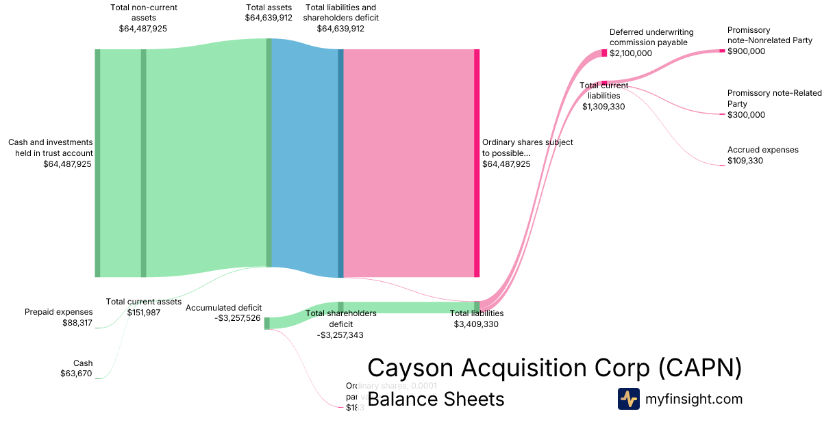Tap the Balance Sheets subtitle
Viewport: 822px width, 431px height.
click(x=436, y=399)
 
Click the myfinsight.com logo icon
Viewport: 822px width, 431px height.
click(x=628, y=399)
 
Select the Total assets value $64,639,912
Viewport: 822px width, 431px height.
click(x=269, y=18)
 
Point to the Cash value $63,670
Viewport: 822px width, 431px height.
click(x=76, y=374)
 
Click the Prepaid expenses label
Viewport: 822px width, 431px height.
click(x=59, y=312)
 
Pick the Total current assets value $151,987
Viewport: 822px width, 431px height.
click(x=143, y=313)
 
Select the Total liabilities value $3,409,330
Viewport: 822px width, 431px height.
click(x=476, y=324)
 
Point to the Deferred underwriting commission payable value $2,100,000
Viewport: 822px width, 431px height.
click(x=631, y=53)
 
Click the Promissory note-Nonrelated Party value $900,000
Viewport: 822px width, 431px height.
click(x=746, y=51)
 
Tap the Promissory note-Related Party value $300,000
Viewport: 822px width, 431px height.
click(x=746, y=115)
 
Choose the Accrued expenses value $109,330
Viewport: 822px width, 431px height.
click(x=745, y=161)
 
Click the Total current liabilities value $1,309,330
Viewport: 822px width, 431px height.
click(x=603, y=106)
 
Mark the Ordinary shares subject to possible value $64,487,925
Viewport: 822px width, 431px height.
click(x=506, y=164)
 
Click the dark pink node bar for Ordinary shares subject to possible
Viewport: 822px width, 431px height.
click(x=477, y=163)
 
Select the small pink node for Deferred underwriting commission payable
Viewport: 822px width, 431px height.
click(x=604, y=53)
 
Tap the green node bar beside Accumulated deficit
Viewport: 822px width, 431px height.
click(x=267, y=323)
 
